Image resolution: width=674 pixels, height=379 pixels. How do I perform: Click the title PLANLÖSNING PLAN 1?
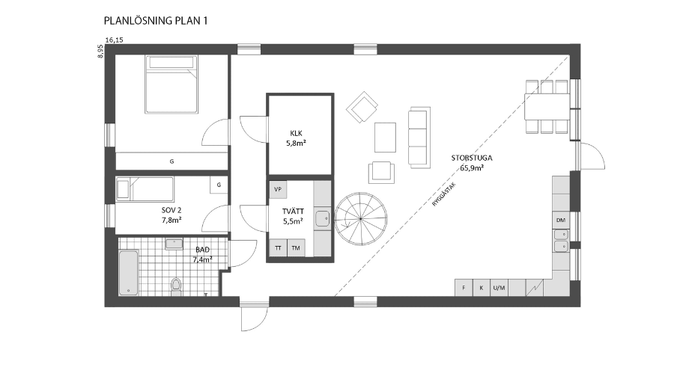tap(156, 21)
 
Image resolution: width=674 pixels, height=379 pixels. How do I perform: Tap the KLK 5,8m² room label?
tap(296, 138)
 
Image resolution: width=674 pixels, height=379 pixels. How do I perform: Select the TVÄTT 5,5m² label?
tap(293, 216)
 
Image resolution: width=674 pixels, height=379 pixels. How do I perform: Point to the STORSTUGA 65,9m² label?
tap(472, 163)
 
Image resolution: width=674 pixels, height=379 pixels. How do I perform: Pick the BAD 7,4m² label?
tap(202, 254)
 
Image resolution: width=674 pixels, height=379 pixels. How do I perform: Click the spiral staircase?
tap(361, 219)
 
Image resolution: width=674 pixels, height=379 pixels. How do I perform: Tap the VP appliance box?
tap(278, 189)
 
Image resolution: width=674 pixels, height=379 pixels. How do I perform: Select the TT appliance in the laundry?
tap(278, 248)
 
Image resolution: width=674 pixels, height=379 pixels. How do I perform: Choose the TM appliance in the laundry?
tap(296, 248)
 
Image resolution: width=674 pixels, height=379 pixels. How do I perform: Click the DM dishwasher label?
tap(561, 221)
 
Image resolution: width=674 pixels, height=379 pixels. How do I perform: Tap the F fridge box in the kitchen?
tap(464, 288)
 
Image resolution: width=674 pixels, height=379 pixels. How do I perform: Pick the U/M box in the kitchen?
tap(499, 288)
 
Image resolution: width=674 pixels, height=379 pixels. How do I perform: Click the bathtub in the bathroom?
tap(129, 273)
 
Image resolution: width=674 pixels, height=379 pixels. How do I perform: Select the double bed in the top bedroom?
tap(171, 84)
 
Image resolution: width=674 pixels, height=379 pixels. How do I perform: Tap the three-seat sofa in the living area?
tap(419, 137)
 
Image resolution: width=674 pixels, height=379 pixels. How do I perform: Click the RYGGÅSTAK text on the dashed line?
tap(444, 195)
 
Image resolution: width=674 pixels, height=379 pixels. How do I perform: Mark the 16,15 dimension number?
tap(115, 40)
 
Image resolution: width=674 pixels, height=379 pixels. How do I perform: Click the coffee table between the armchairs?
tap(385, 138)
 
